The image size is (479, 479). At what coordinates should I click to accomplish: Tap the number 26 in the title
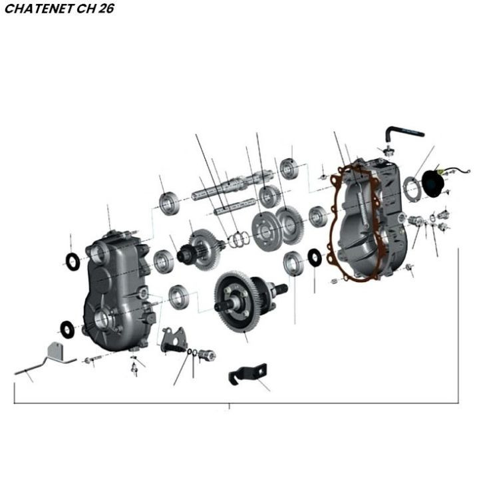tap(106, 9)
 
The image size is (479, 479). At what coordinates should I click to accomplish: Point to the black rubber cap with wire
tap(432, 183)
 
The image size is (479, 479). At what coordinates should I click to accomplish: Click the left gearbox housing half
tap(118, 290)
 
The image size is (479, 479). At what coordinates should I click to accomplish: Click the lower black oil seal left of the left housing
tap(67, 329)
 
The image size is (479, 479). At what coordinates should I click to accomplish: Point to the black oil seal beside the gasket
tap(314, 257)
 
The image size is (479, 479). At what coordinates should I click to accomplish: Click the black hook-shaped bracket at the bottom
tap(247, 373)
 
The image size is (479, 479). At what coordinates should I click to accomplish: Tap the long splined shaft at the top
tap(232, 184)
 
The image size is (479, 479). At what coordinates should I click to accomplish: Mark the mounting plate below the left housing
tap(174, 339)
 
